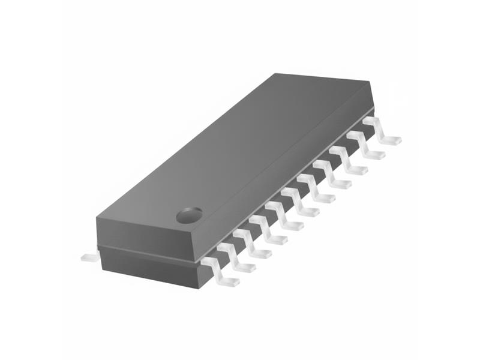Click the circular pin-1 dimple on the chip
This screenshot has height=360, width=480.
pos(189,214)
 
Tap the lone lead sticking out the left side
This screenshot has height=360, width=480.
pos(89,257)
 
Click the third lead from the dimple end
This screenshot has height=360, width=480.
pos(251,244)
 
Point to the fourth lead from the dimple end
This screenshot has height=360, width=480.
pos(268,230)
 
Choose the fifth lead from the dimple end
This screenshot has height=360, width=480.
pos(284,217)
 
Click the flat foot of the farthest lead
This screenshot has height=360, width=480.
pos(391,140)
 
